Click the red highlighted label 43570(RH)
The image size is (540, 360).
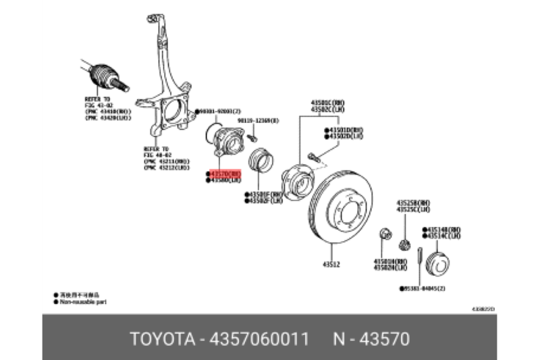(225, 174)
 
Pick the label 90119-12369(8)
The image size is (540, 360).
(260, 120)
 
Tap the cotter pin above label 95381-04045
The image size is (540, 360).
(419, 263)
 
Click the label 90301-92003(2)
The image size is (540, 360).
(219, 110)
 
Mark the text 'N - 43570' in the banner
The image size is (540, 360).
(370, 337)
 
